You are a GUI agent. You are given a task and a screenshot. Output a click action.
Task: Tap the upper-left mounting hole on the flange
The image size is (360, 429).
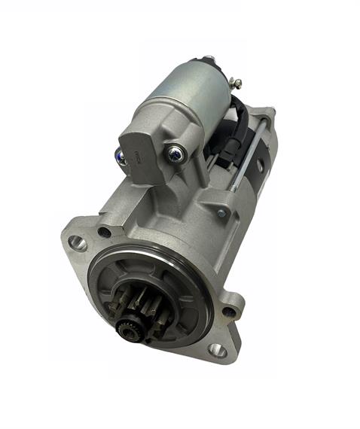point(77,242)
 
